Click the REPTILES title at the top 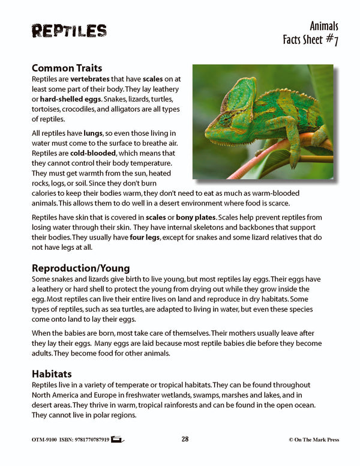[x=69, y=31]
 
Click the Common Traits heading [x=67, y=68]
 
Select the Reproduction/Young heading [x=80, y=268]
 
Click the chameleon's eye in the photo [x=225, y=118]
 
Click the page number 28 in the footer [x=185, y=440]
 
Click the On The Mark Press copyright [x=313, y=440]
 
